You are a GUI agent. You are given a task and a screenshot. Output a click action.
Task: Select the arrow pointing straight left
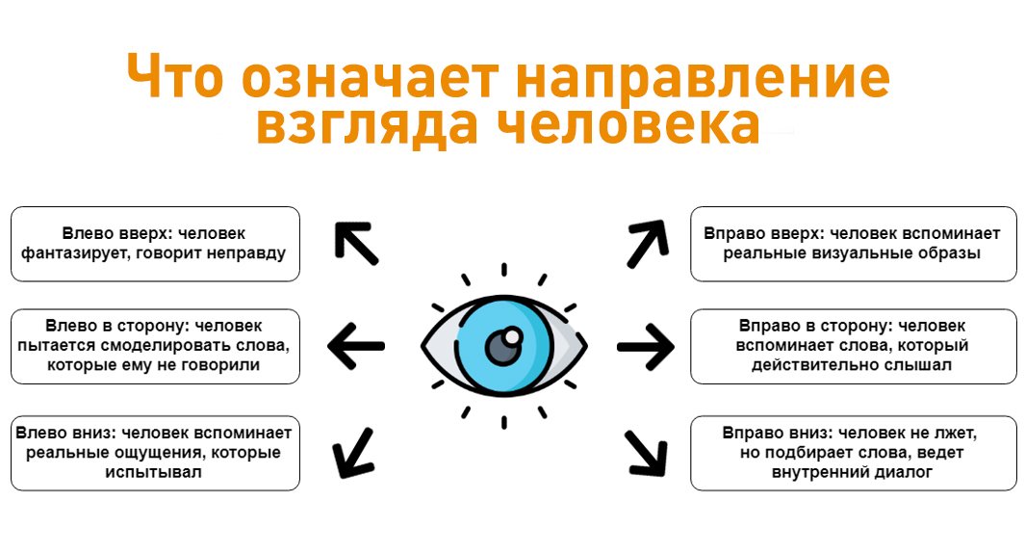pyautogui.click(x=356, y=343)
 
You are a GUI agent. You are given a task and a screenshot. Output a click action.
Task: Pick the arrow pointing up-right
pyautogui.click(x=646, y=243)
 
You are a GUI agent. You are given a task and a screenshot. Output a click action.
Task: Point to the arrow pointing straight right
pyautogui.click(x=646, y=343)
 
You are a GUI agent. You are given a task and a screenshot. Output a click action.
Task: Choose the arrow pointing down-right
pyautogui.click(x=647, y=450)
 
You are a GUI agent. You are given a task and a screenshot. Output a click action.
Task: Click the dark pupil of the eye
pyautogui.click(x=501, y=346)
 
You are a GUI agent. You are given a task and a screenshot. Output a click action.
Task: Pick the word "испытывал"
pyautogui.click(x=155, y=473)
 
